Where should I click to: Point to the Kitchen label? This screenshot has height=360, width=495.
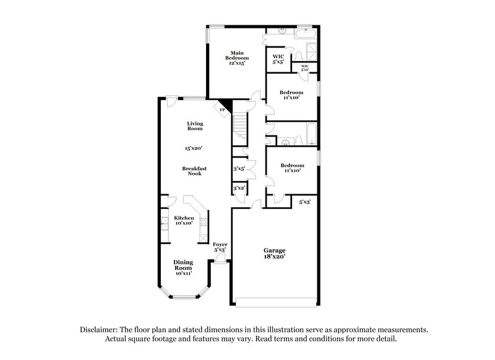click(x=184, y=220)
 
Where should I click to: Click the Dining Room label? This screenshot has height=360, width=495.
click(x=183, y=265)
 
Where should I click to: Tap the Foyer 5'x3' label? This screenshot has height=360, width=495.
click(x=220, y=247)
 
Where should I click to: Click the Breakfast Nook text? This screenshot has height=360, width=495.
click(x=194, y=171)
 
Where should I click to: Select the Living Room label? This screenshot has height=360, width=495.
click(x=195, y=126)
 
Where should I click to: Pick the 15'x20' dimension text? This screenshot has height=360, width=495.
click(x=194, y=148)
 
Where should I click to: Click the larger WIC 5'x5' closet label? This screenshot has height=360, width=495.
click(x=278, y=59)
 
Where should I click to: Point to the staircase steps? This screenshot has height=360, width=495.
click(x=239, y=127)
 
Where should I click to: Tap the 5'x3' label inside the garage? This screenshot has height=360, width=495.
click(x=304, y=202)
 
